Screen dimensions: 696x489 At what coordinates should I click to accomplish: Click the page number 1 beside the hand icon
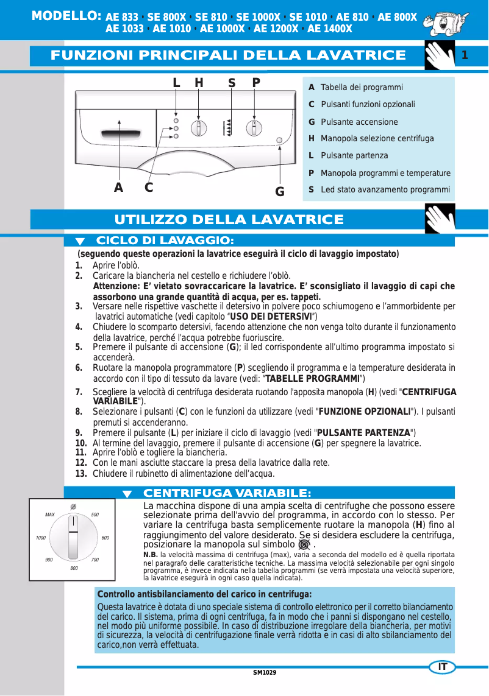[465, 56]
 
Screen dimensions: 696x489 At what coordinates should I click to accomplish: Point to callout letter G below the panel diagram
[280, 192]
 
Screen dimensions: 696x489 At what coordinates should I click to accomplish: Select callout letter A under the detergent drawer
[119, 188]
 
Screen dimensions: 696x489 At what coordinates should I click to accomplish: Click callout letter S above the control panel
[232, 83]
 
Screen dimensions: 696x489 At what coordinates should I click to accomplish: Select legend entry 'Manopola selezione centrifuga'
[377, 139]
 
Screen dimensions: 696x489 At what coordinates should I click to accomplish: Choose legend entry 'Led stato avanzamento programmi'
[385, 190]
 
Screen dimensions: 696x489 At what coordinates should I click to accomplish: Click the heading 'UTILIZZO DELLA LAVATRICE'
[229, 219]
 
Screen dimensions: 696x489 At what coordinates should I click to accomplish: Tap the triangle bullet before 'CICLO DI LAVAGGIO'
[80, 242]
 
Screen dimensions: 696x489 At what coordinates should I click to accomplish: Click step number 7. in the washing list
[79, 392]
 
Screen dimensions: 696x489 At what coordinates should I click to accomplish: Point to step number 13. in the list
[80, 474]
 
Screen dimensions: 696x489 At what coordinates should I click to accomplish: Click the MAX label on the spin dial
[50, 515]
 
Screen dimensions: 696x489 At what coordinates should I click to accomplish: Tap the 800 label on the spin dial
[74, 568]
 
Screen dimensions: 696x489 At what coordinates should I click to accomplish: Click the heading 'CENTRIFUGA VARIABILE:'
[227, 493]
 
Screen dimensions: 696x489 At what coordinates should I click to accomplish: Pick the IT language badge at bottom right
[443, 667]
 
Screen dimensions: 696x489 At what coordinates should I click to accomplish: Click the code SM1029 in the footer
[265, 672]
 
